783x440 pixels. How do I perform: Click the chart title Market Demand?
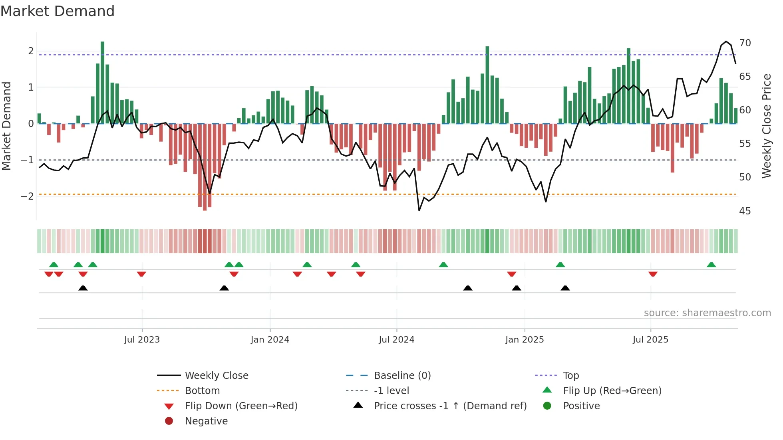(x=58, y=11)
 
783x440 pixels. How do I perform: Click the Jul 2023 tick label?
(x=142, y=340)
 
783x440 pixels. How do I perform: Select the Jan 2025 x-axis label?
(x=525, y=340)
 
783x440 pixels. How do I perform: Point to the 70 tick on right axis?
(x=745, y=43)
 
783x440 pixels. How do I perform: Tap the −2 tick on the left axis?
(x=28, y=196)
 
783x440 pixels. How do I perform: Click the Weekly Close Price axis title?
(x=766, y=126)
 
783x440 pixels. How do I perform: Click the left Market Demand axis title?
(x=7, y=126)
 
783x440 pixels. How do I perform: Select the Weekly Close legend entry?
(x=216, y=376)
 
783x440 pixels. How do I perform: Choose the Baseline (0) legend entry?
(x=402, y=376)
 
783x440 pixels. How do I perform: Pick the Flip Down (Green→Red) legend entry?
(x=241, y=406)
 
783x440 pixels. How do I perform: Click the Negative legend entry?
(x=206, y=421)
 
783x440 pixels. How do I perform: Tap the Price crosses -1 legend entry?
(x=450, y=406)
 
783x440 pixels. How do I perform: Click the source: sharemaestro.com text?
(x=707, y=313)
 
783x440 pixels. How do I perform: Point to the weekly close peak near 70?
(x=726, y=42)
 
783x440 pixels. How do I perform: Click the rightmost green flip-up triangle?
(x=711, y=265)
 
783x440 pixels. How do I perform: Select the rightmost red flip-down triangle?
(x=653, y=274)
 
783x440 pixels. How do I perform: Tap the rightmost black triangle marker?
(x=565, y=288)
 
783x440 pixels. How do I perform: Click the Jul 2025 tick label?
(x=650, y=340)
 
